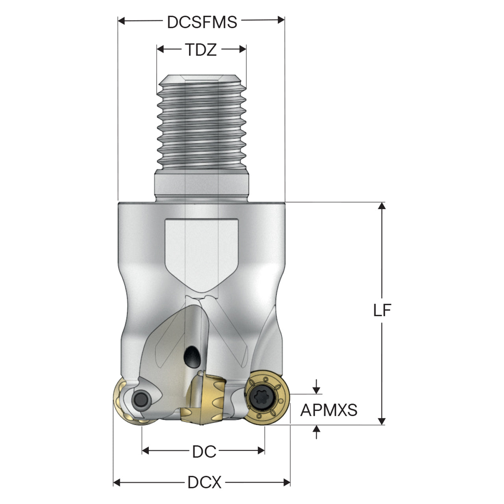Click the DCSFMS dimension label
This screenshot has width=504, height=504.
(x=202, y=22)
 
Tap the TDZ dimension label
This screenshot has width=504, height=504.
(x=201, y=50)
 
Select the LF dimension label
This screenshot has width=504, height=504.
(x=382, y=310)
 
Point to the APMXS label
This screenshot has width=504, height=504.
(x=329, y=410)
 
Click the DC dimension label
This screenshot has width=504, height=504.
(x=204, y=452)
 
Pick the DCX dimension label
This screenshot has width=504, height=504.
(x=204, y=482)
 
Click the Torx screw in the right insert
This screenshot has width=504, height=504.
(x=262, y=398)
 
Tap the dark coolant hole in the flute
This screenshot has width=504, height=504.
(x=192, y=356)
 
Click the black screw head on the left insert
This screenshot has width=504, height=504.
(x=141, y=399)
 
